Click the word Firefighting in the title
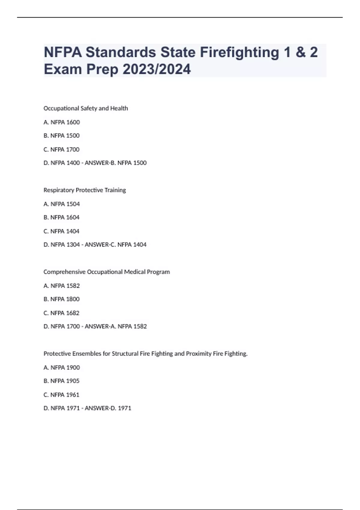pyautogui.click(x=239, y=52)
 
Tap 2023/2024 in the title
pyautogui.click(x=157, y=69)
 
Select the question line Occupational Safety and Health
pyautogui.click(x=85, y=108)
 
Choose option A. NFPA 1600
pyautogui.click(x=61, y=122)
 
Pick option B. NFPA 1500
pyautogui.click(x=61, y=136)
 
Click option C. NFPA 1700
pyautogui.click(x=61, y=149)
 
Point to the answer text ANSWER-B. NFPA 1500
pyautogui.click(x=116, y=163)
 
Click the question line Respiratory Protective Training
pyautogui.click(x=85, y=190)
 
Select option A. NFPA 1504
pyautogui.click(x=61, y=204)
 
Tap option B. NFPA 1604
pyautogui.click(x=61, y=217)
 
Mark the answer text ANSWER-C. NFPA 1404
pyautogui.click(x=116, y=245)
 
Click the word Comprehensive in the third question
pyautogui.click(x=64, y=272)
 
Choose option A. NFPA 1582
pyautogui.click(x=61, y=286)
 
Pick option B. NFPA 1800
pyautogui.click(x=61, y=299)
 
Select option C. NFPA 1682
pyautogui.click(x=61, y=313)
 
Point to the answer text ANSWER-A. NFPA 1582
pyautogui.click(x=116, y=326)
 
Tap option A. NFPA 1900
pyautogui.click(x=61, y=367)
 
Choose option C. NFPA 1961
pyautogui.click(x=61, y=395)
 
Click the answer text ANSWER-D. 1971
pyautogui.click(x=108, y=408)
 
